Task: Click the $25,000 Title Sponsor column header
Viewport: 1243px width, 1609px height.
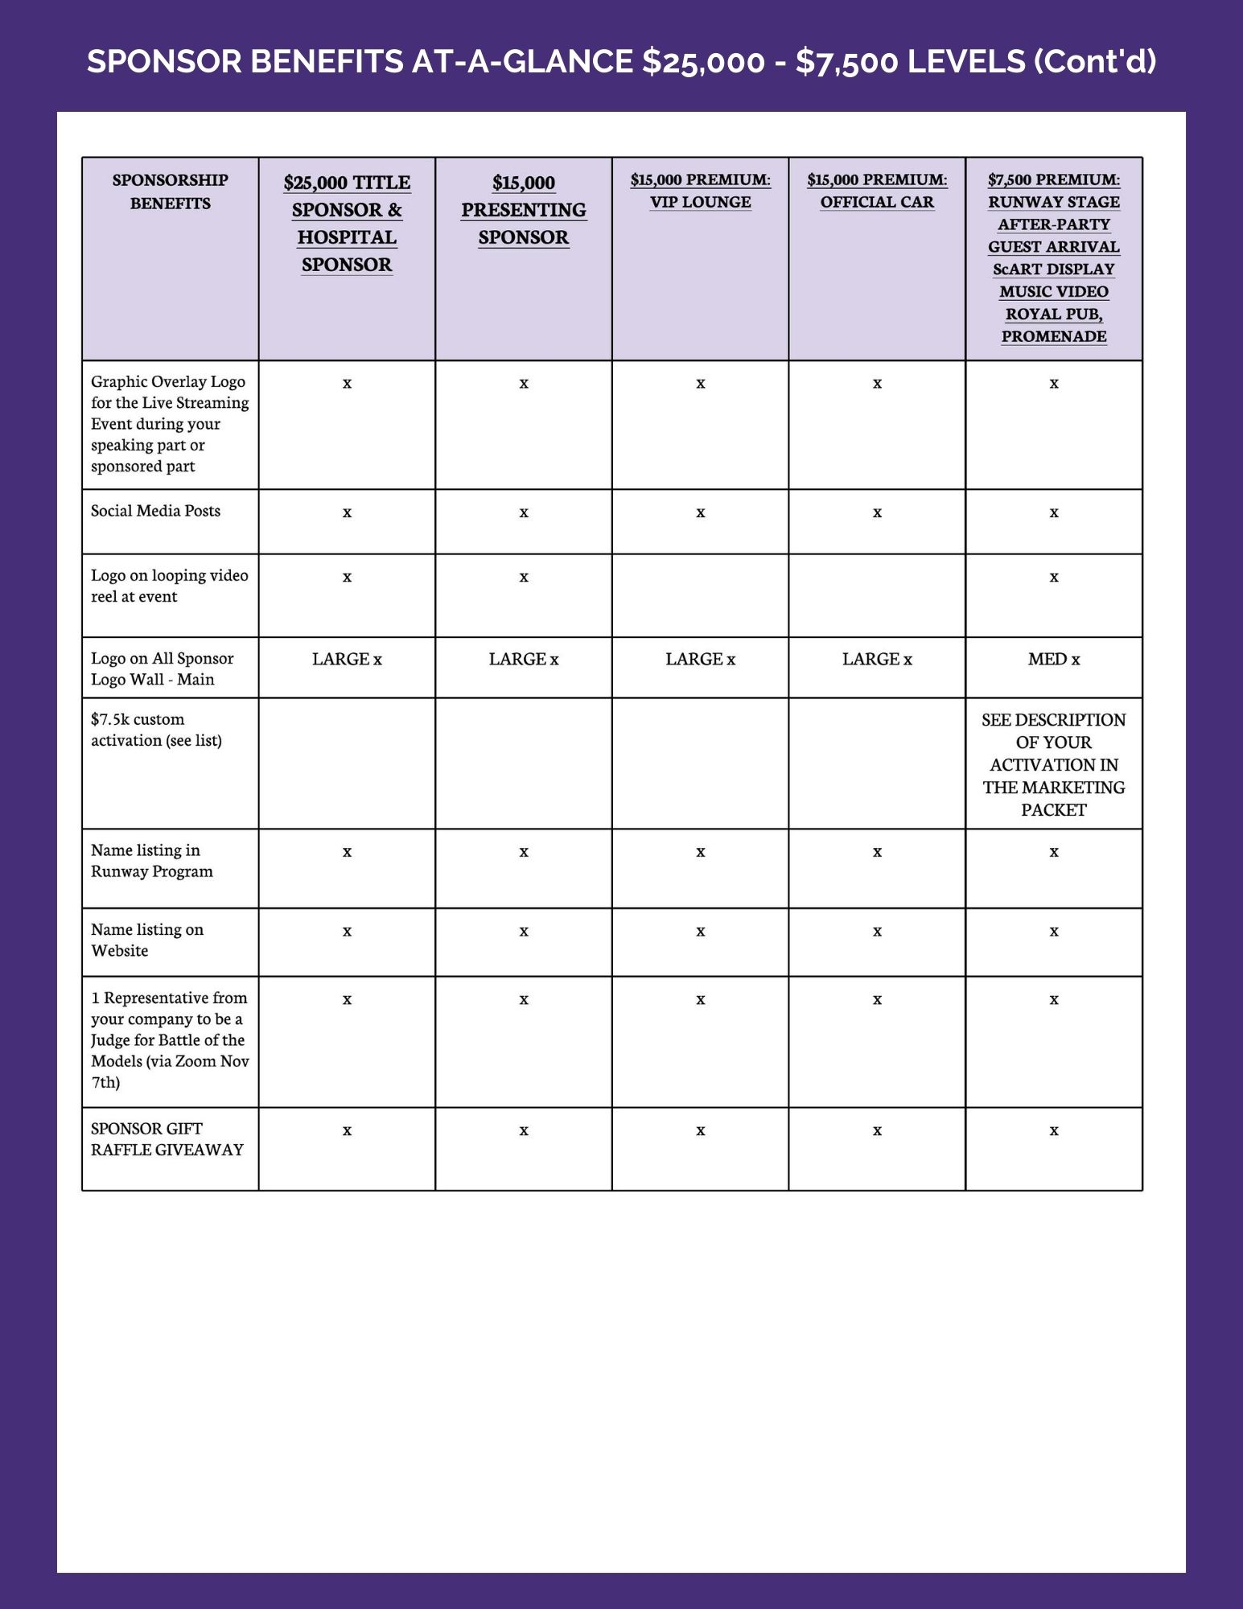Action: [347, 224]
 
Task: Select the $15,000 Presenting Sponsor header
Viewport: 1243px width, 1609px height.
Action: [524, 210]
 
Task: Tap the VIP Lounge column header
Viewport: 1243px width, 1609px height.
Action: [700, 191]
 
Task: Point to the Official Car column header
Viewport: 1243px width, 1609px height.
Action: [877, 191]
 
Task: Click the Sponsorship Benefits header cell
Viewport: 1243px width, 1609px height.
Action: [171, 191]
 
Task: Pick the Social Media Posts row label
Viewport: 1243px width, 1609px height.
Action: [155, 511]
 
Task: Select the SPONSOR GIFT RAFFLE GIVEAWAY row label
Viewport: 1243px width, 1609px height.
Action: [167, 1139]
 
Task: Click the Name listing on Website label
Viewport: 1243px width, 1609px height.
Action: [147, 940]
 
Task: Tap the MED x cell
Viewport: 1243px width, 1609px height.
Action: [1053, 660]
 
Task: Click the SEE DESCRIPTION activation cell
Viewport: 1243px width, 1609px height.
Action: [1053, 764]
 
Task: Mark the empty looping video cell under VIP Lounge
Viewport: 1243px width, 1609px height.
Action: [700, 595]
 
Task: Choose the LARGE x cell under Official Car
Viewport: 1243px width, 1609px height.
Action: [877, 660]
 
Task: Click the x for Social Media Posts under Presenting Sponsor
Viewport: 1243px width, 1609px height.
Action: [524, 513]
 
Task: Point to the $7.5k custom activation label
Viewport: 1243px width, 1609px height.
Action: [156, 730]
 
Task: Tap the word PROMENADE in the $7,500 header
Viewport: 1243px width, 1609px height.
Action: [1053, 336]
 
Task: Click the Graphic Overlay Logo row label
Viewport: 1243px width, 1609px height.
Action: [170, 424]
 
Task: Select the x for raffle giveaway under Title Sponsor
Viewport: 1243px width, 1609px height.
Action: [347, 1131]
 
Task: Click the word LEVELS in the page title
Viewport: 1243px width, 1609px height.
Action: [965, 61]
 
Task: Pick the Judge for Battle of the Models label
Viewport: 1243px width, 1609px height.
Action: [170, 1039]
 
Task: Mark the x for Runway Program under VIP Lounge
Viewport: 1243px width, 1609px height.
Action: [700, 853]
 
